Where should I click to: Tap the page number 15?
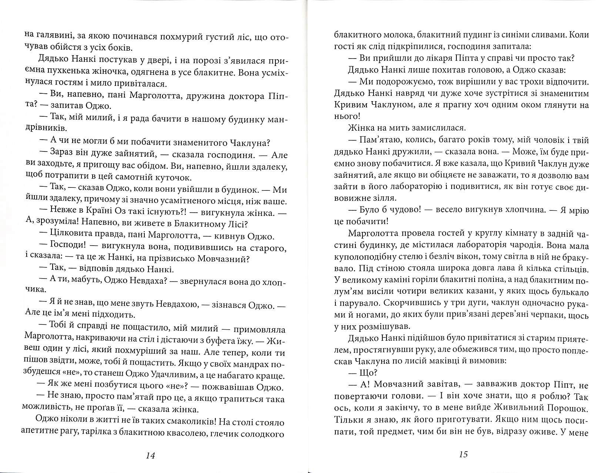coord(463,454)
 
